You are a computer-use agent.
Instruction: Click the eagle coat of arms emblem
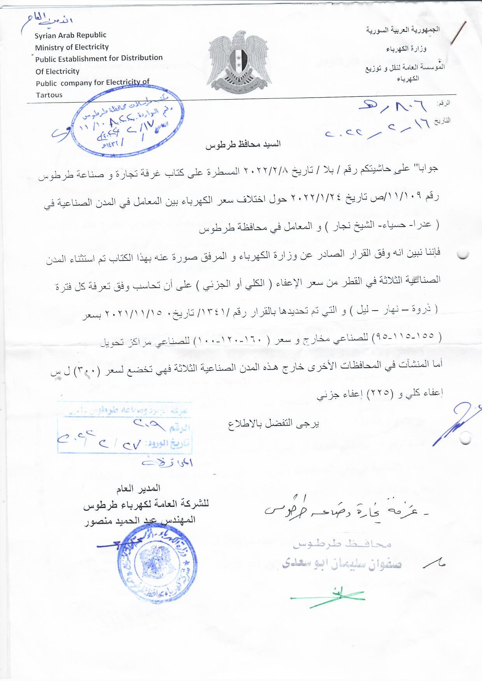coord(240,62)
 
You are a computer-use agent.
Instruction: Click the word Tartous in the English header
coord(49,95)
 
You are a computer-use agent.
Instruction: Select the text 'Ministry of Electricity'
coord(72,47)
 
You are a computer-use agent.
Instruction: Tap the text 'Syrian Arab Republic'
coord(70,35)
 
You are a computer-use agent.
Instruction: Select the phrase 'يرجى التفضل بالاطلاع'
coord(273,424)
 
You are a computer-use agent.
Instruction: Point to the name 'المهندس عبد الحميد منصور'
coord(140,520)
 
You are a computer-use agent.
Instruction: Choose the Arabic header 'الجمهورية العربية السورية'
coord(403,30)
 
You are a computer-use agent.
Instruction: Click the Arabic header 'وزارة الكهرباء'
coord(406,49)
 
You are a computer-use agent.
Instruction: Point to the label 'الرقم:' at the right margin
coord(443,104)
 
